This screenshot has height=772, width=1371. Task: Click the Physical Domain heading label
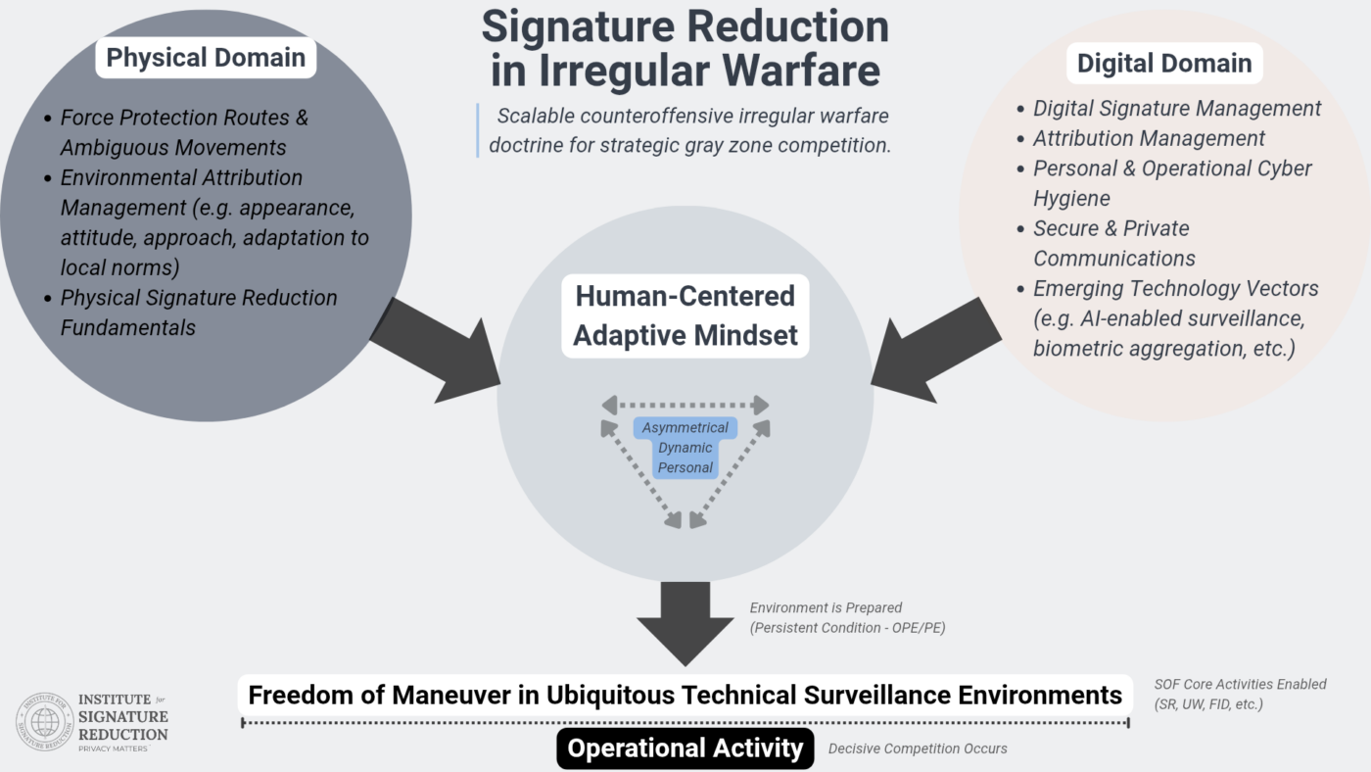(206, 57)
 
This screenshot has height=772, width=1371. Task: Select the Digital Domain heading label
(1163, 64)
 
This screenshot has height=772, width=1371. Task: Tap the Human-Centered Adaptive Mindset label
(685, 315)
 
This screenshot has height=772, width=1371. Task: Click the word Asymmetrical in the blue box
(685, 428)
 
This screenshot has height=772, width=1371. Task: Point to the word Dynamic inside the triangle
(685, 448)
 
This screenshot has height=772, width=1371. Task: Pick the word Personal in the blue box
(685, 467)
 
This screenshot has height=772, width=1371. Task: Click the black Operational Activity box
(685, 749)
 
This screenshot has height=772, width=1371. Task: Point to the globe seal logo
(43, 721)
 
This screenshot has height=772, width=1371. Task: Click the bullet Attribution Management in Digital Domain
(1149, 139)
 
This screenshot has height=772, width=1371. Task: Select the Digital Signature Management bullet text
(1177, 109)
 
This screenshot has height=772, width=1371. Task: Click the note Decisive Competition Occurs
(918, 749)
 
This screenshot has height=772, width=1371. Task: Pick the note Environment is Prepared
(826, 608)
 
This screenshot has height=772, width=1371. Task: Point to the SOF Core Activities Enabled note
(1240, 685)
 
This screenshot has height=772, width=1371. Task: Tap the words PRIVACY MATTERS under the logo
(113, 749)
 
